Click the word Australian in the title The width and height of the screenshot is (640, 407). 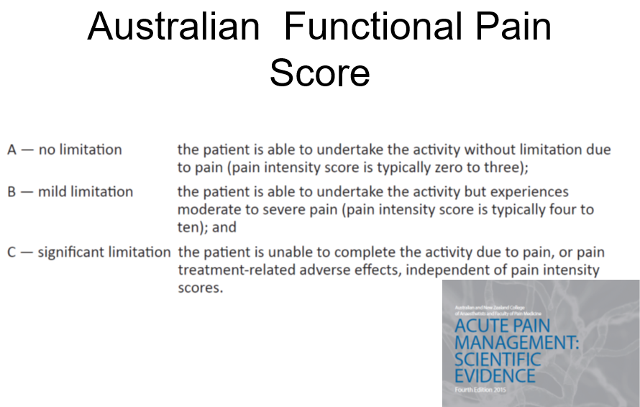(x=173, y=27)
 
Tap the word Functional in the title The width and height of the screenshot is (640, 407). (x=372, y=27)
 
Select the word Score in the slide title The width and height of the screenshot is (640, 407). (x=320, y=73)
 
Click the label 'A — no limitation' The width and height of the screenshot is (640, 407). (x=65, y=150)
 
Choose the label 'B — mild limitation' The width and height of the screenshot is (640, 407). (x=70, y=192)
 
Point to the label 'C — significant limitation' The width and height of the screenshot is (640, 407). (x=89, y=252)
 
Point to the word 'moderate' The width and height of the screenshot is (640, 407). (x=207, y=209)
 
